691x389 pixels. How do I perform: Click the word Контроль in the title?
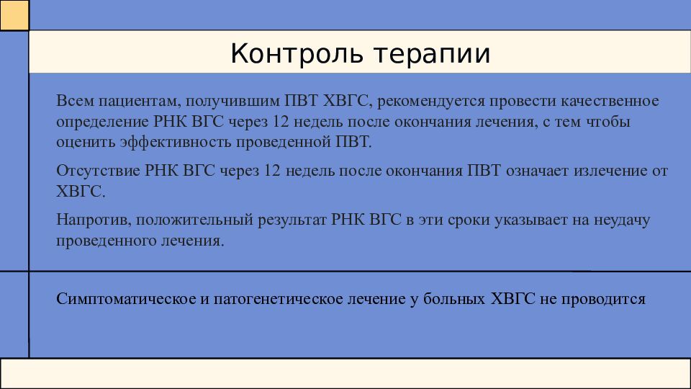coord(297,53)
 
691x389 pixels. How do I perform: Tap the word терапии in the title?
coord(433,55)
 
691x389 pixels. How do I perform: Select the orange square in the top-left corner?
coord(14,15)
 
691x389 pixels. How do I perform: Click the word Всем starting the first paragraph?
coord(75,101)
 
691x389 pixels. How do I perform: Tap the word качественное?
coord(610,101)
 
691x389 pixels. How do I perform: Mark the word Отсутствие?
coord(99,171)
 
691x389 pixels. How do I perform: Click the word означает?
coord(537,171)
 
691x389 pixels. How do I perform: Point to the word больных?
coord(454,298)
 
